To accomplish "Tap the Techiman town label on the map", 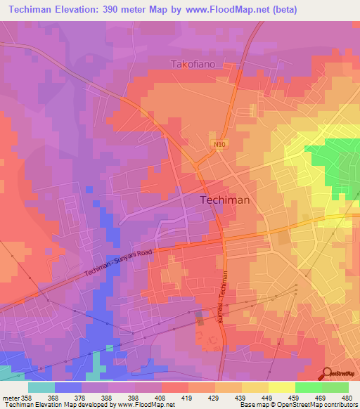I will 225,200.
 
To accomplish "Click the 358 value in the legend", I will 25,397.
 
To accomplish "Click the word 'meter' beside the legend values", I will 9,397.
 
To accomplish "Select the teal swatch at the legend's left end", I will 41,387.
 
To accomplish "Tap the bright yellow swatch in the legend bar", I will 281,387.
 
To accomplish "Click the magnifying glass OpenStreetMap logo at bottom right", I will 328,374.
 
